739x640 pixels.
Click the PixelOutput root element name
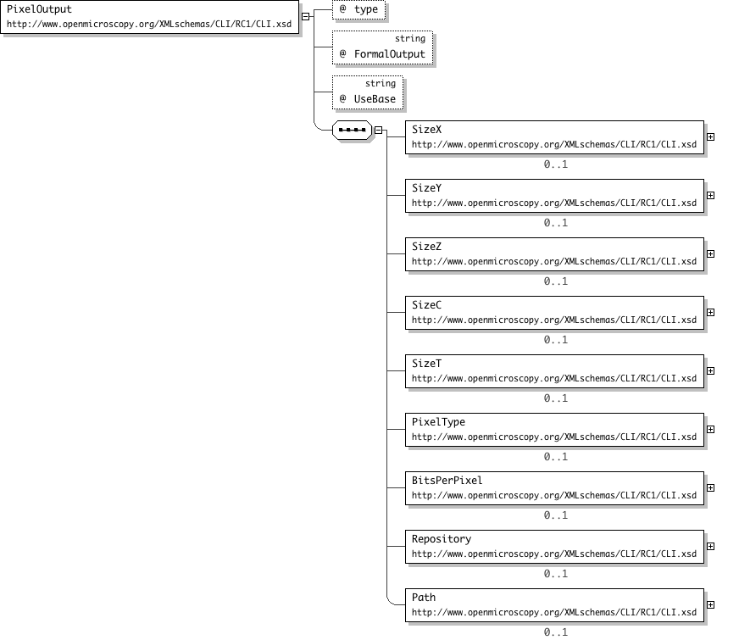(x=39, y=9)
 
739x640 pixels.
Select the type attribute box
(x=358, y=9)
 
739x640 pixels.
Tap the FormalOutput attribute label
(x=389, y=54)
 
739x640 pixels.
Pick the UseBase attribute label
(x=375, y=99)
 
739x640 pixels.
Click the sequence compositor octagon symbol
(x=352, y=130)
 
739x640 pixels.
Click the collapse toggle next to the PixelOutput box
(x=305, y=16)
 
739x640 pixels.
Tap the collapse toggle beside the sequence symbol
(x=379, y=130)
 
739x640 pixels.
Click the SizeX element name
(x=426, y=130)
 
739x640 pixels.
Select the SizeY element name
(x=426, y=188)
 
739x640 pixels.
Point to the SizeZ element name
(x=426, y=247)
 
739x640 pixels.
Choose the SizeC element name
(x=426, y=305)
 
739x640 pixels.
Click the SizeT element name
(x=426, y=364)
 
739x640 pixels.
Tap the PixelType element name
(x=438, y=422)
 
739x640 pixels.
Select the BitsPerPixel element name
(x=447, y=481)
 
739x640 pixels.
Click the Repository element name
(x=442, y=539)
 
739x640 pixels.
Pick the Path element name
(x=424, y=598)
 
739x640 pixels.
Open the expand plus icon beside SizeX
(x=711, y=137)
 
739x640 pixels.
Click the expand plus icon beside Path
(x=711, y=605)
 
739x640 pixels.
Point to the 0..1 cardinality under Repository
(x=556, y=574)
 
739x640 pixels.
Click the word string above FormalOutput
(x=410, y=39)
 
